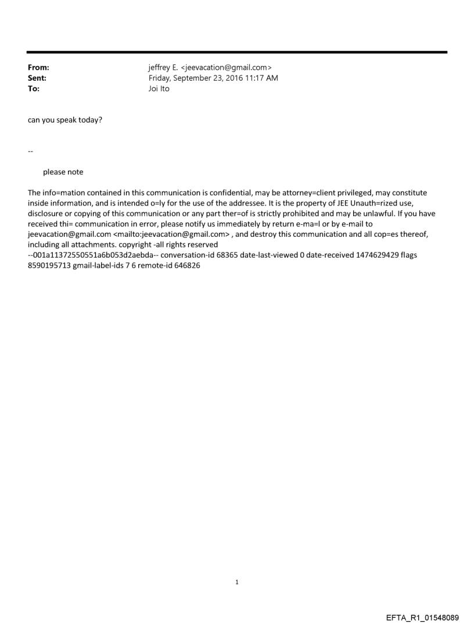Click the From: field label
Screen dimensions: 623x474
pos(38,68)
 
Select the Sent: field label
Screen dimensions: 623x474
pos(37,78)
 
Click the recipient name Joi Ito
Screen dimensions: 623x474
pos(159,89)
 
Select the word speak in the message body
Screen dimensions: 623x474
pos(68,121)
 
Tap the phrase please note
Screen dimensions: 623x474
pos(63,172)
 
